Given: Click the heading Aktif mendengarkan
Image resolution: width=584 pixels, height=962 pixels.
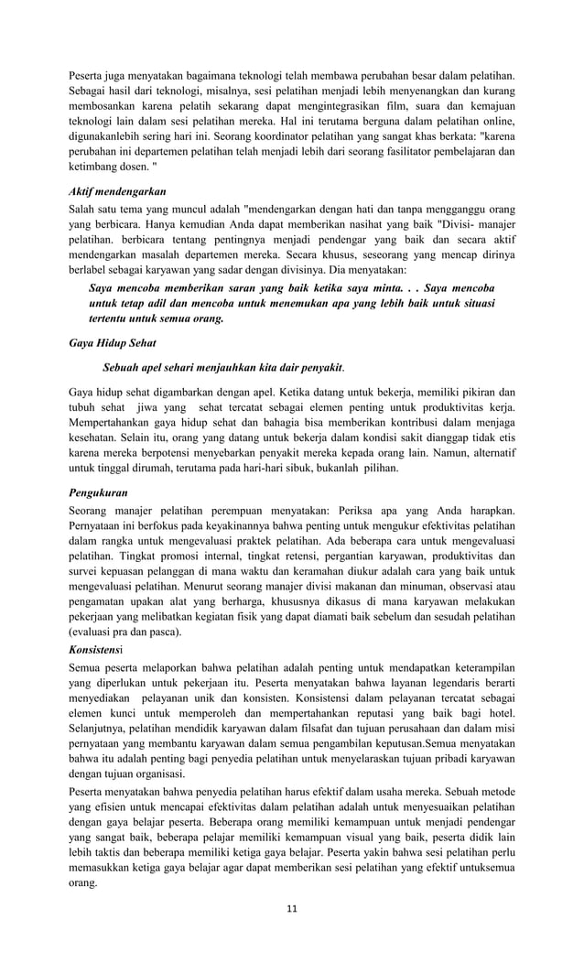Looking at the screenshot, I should [x=117, y=192].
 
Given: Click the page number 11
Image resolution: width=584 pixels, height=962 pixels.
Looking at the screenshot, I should [x=292, y=909].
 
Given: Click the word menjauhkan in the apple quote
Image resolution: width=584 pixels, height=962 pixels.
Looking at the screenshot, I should [x=237, y=367].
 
